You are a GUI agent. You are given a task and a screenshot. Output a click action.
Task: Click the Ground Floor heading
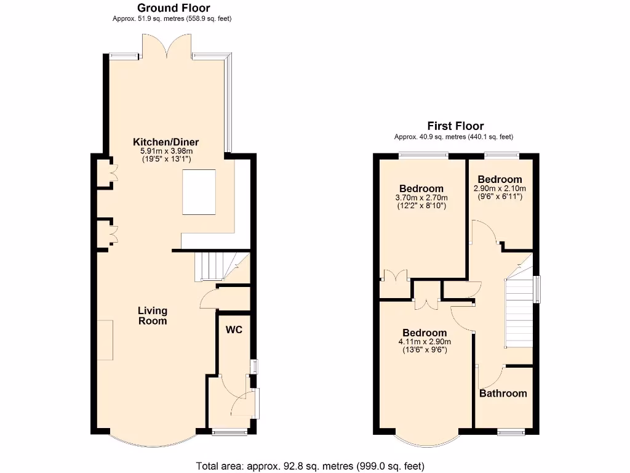click(173, 8)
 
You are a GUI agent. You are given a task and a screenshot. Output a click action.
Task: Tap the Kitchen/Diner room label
click(166, 142)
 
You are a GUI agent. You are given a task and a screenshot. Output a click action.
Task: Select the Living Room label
click(152, 316)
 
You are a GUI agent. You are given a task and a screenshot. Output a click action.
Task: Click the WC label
click(234, 330)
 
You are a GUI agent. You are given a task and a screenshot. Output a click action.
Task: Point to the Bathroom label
click(503, 394)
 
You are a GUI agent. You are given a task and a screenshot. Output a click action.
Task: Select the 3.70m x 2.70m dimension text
click(421, 198)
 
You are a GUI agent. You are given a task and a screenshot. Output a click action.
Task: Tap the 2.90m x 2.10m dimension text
click(500, 188)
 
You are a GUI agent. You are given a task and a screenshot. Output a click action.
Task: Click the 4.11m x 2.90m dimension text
click(425, 342)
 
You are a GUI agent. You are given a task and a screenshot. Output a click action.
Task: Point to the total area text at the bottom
click(310, 466)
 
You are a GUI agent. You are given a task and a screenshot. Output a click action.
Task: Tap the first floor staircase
click(518, 308)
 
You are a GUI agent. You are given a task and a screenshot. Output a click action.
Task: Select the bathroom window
click(511, 432)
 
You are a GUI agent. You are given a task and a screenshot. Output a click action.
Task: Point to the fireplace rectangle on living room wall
click(105, 340)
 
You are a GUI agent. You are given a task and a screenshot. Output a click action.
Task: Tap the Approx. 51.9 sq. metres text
click(172, 19)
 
